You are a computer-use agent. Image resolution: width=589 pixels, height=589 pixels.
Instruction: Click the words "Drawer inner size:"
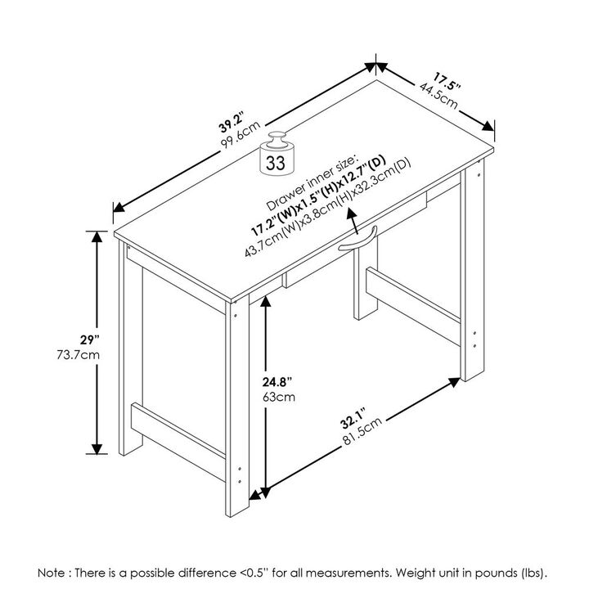(312, 182)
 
